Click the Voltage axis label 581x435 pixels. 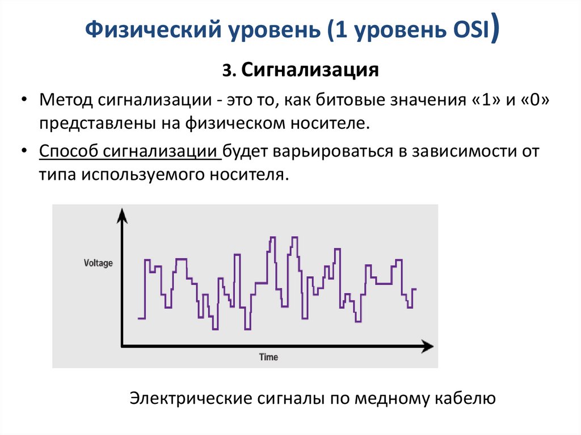(x=98, y=263)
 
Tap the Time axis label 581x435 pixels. (x=268, y=357)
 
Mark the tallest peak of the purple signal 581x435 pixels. (x=272, y=236)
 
